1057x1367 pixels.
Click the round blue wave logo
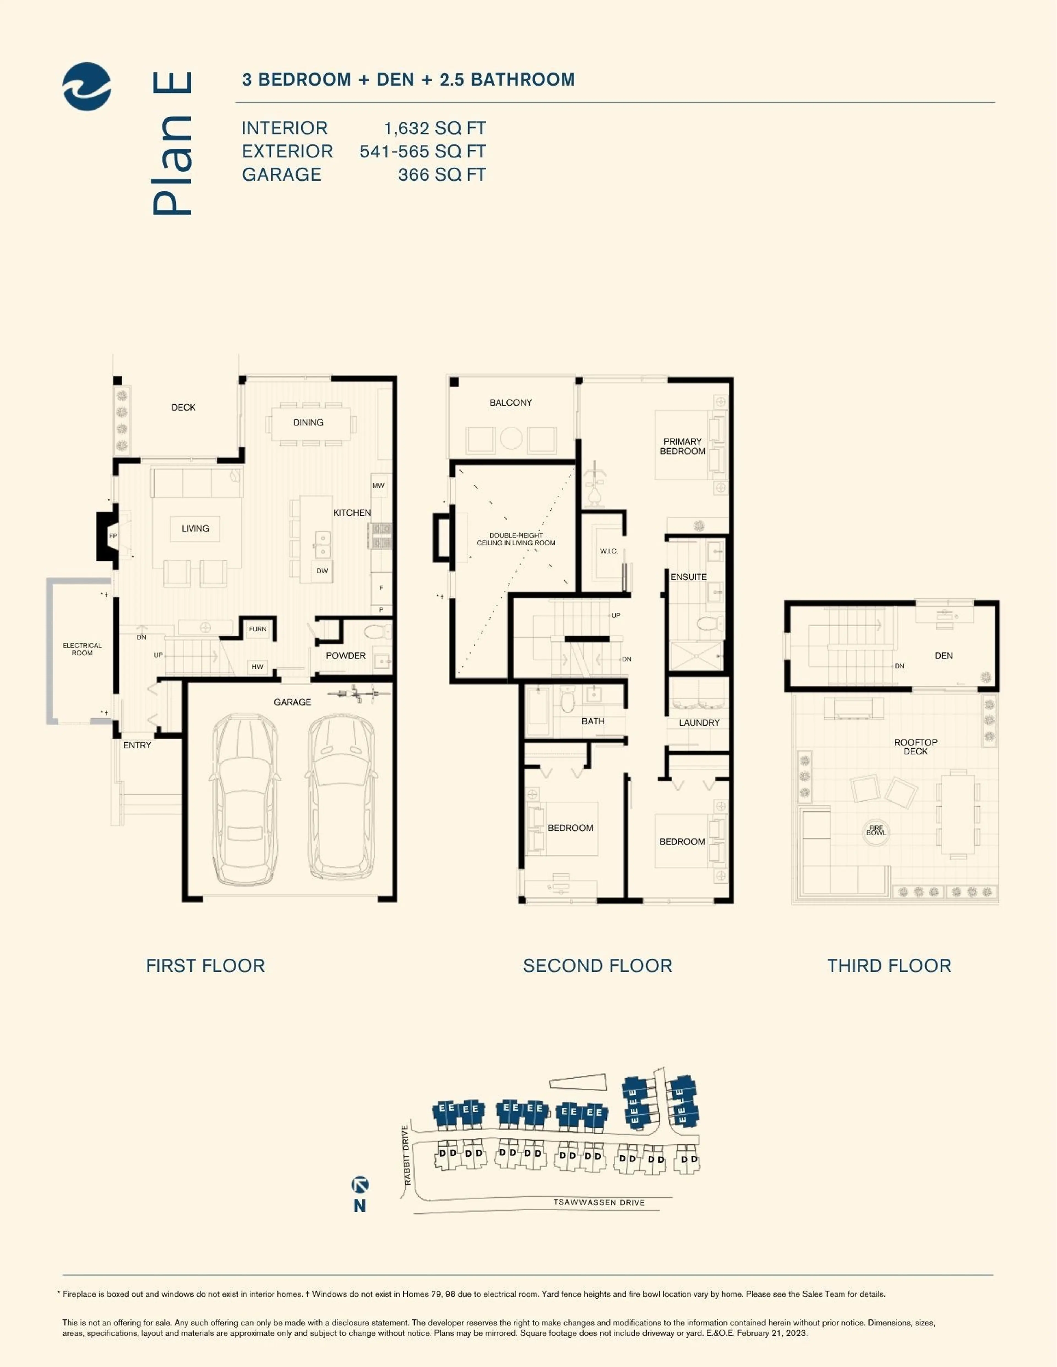87,86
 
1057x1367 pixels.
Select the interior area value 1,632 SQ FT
435,128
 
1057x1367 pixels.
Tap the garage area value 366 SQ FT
442,175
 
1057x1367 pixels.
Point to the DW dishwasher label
322,571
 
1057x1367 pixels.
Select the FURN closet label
257,629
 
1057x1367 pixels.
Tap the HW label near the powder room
257,667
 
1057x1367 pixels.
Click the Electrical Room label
82,649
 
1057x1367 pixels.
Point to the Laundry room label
699,722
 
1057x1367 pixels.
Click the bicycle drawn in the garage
355,693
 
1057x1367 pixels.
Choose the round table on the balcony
511,438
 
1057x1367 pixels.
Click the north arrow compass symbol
360,1184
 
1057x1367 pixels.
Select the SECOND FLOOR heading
597,966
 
